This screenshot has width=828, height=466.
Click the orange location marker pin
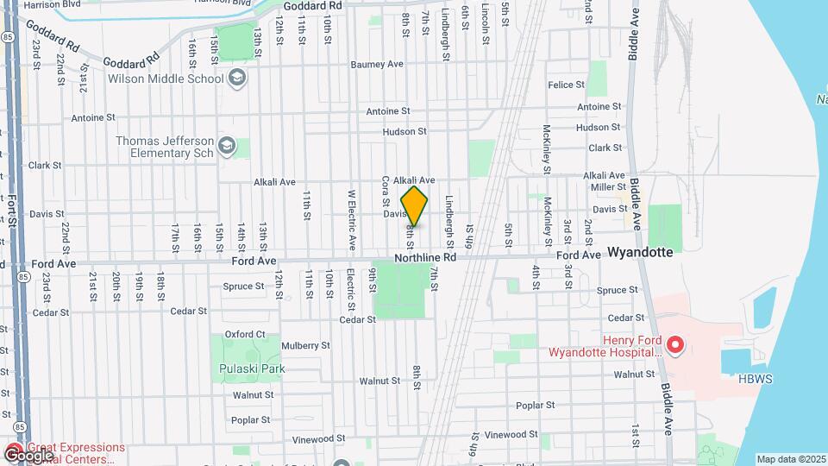[415, 207]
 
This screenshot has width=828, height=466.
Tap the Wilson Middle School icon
[237, 79]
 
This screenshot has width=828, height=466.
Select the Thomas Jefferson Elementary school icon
[227, 144]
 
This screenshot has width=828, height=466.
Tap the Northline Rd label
[425, 258]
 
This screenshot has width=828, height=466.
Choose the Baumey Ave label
[378, 64]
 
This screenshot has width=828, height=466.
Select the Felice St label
[567, 85]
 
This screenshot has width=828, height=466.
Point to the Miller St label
[608, 186]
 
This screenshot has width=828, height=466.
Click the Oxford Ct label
[245, 334]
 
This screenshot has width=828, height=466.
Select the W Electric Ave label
[351, 219]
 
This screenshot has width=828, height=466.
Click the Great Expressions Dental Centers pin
[15, 453]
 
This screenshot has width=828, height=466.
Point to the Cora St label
[385, 189]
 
